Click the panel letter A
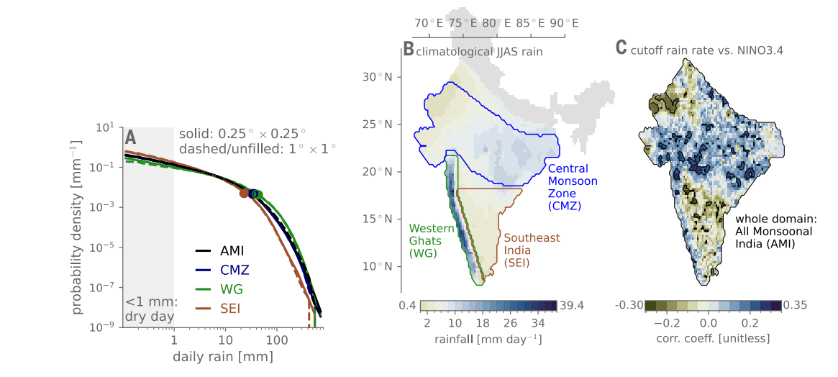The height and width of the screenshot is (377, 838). pos(130,137)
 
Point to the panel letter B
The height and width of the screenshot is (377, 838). pos(408,50)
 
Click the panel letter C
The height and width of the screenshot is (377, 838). pos(621,48)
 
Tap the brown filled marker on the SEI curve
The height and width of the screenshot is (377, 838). pos(245,193)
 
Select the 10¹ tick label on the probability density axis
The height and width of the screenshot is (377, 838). pos(104,129)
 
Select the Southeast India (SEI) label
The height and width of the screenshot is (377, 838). pos(531,250)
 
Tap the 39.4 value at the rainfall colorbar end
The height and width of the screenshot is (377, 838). pos(571,306)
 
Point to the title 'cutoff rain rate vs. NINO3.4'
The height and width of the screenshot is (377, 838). pos(706,51)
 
